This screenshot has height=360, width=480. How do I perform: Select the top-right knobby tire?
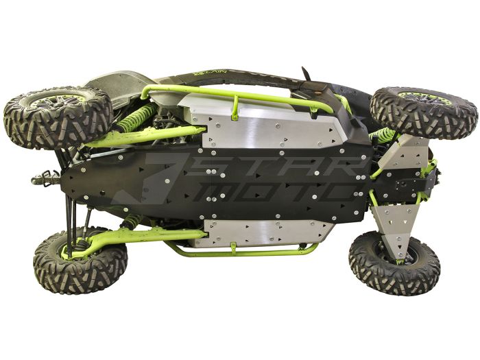[x=423, y=111]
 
